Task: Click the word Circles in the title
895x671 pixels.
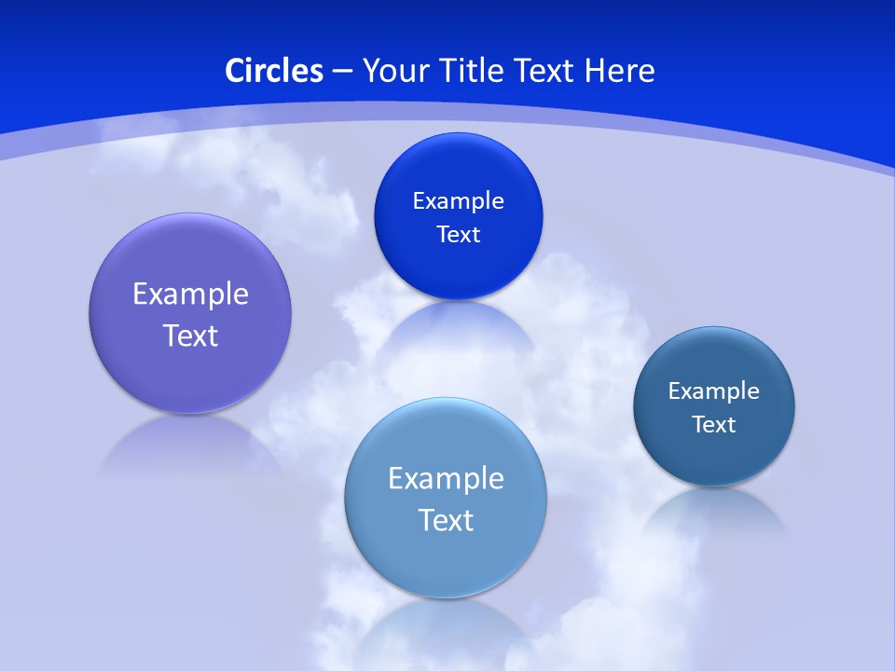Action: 274,71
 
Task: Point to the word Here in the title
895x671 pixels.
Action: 620,71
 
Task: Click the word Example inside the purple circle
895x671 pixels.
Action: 190,294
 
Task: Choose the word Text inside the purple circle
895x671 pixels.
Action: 190,335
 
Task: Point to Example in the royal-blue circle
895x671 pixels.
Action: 458,200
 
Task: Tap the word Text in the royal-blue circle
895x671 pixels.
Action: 458,234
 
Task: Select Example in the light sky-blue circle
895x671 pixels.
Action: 446,478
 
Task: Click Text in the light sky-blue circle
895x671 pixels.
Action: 446,520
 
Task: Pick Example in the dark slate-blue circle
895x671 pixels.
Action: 713,390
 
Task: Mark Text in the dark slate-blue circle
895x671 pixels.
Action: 714,424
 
